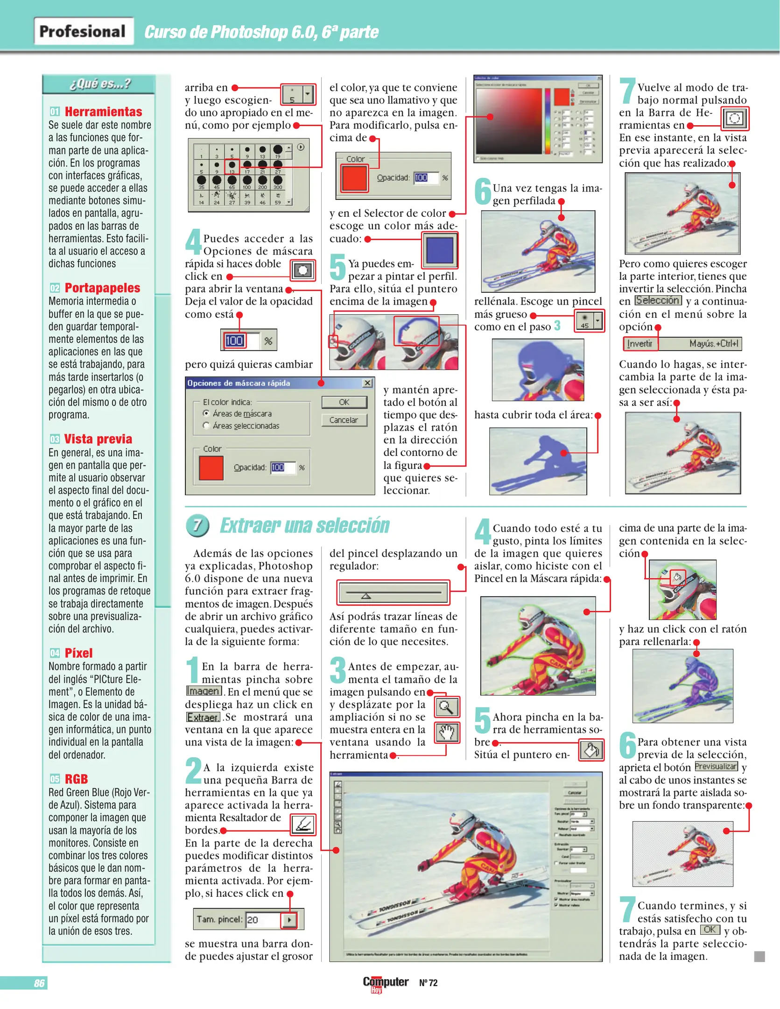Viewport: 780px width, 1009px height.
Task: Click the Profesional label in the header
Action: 83,31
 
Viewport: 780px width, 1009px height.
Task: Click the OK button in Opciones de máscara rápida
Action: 344,402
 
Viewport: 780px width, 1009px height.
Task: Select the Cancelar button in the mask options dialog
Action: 344,420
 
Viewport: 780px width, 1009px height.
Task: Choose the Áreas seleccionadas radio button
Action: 206,426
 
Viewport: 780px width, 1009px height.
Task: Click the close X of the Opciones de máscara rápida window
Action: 367,383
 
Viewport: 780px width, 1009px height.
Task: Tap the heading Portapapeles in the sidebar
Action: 102,288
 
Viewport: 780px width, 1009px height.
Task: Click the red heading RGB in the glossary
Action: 76,779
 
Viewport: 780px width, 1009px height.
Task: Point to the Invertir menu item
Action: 640,344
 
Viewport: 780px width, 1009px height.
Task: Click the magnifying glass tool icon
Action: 447,707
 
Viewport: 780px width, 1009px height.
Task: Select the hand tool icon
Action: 447,732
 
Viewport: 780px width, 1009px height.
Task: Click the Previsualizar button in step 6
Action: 716,767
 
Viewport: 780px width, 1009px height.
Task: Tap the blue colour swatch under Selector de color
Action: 440,250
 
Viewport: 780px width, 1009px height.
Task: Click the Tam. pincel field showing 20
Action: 263,919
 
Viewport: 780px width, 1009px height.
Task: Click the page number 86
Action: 39,983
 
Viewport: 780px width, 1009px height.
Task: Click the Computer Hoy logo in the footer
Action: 385,983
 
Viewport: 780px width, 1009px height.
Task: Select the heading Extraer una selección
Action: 304,526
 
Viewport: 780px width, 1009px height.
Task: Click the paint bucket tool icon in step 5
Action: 591,750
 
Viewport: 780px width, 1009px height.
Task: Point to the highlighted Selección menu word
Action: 658,300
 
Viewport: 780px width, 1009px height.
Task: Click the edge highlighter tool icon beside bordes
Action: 303,825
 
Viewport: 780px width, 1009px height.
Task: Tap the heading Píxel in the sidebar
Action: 78,653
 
